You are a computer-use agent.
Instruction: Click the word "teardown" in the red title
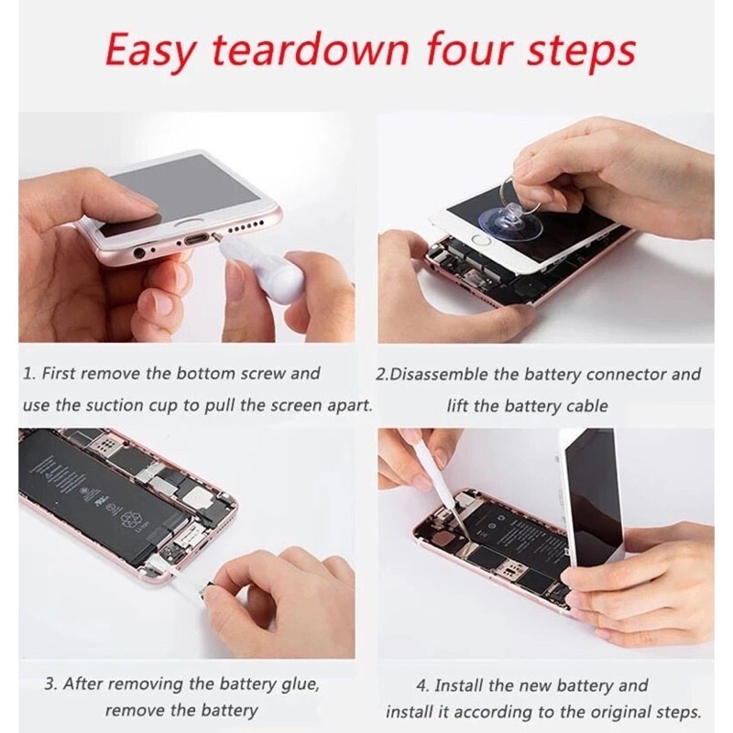point(311,50)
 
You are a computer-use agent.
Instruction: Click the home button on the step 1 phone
point(191,221)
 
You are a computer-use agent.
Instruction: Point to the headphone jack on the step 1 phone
point(139,253)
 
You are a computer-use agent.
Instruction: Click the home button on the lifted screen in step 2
point(481,241)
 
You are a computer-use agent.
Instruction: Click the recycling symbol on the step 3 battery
point(130,519)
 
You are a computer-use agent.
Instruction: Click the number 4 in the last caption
point(421,685)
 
